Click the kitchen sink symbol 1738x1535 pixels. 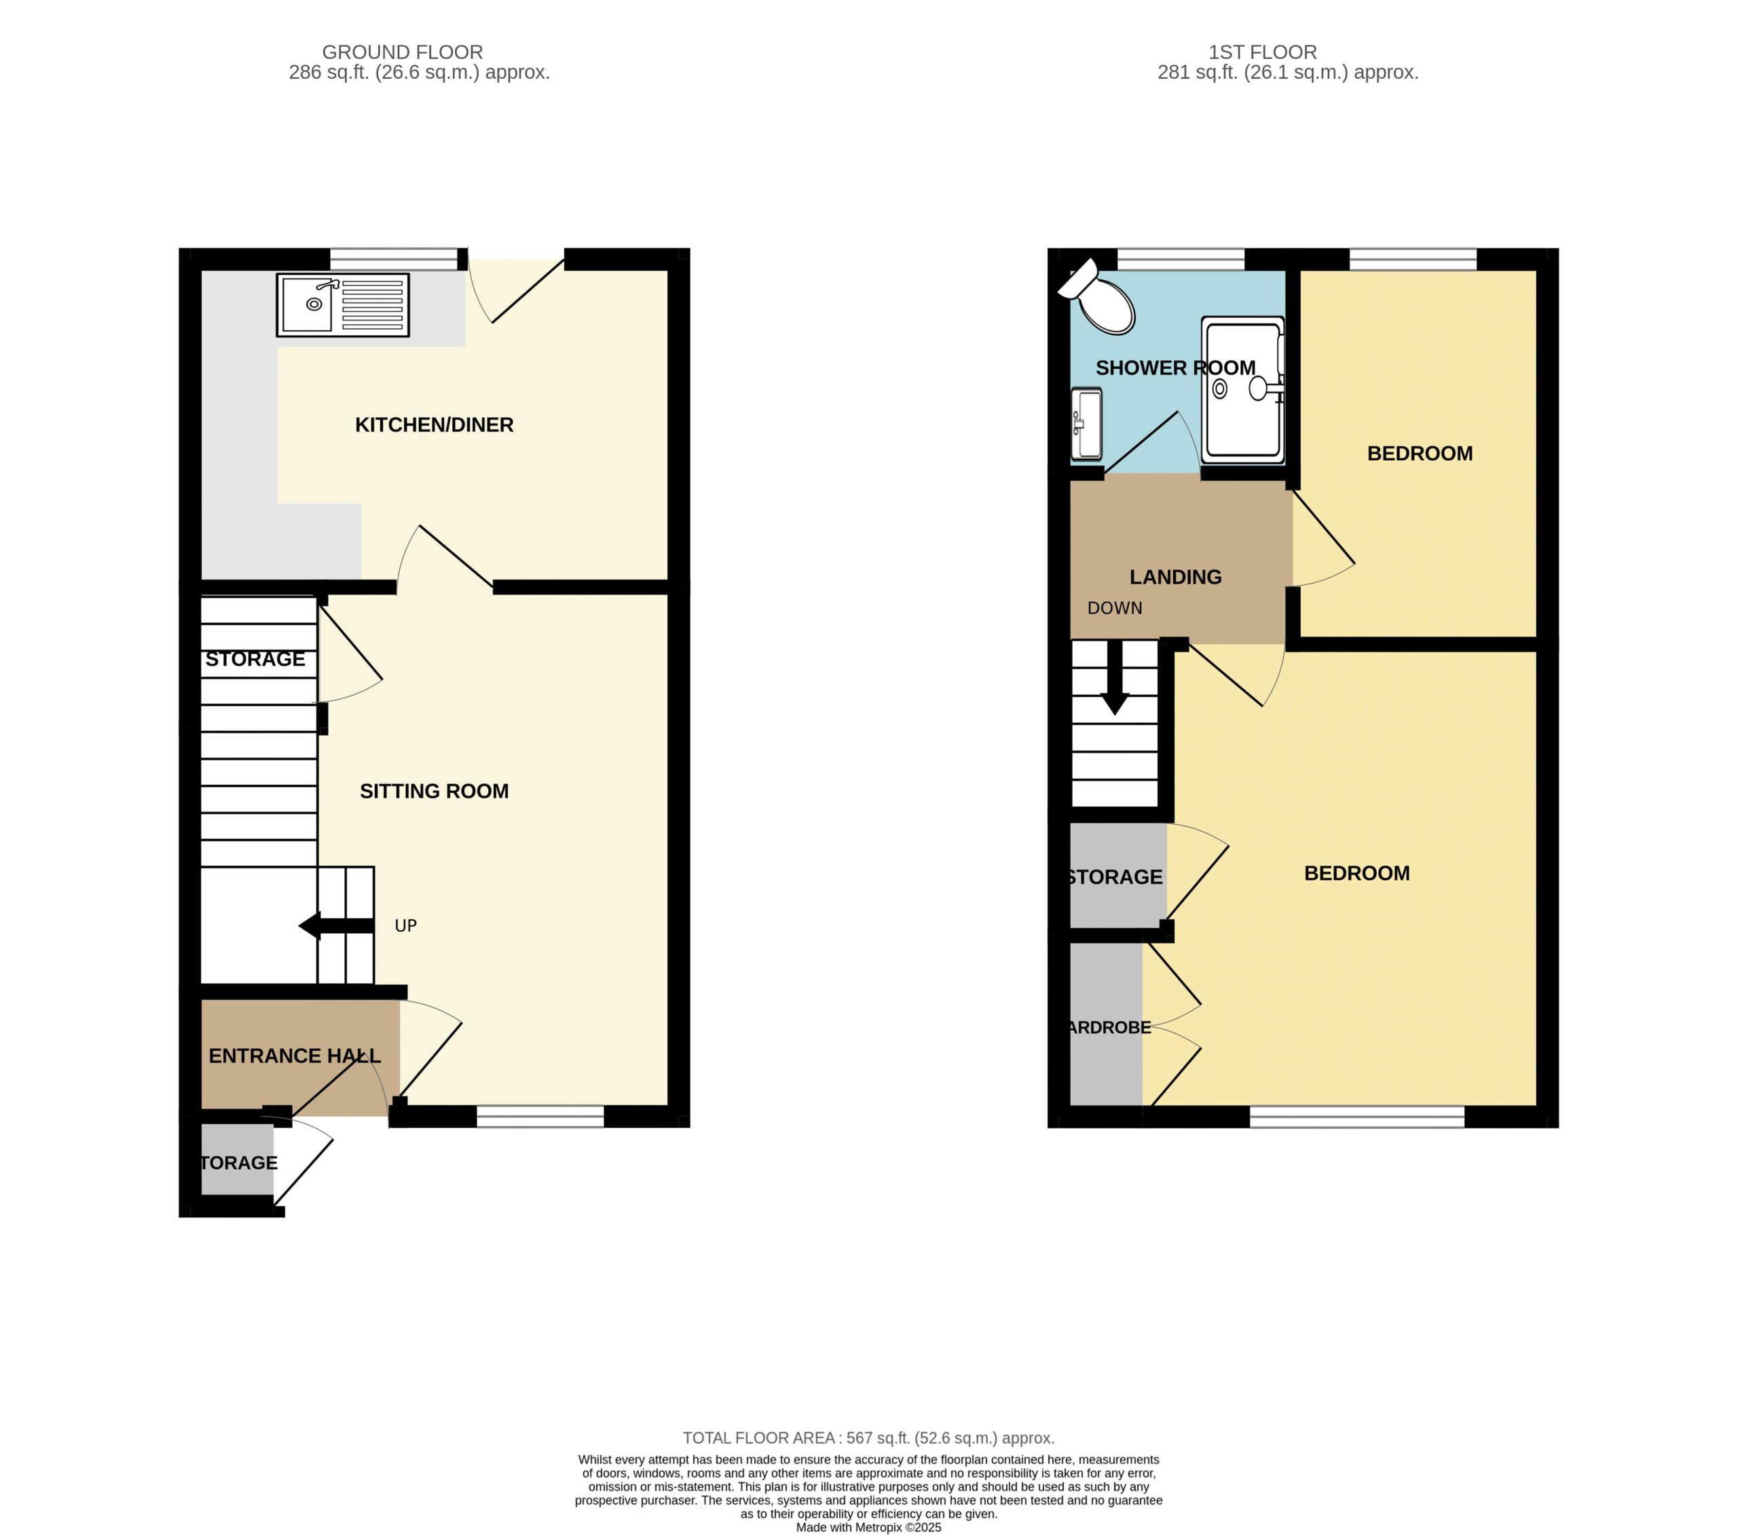click(x=343, y=304)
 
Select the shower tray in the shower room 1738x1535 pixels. click(x=1242, y=390)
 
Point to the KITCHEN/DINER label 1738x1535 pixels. click(x=434, y=425)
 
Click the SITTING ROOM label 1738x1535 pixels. click(x=434, y=791)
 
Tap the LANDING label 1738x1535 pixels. click(x=1175, y=577)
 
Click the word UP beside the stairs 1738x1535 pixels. click(x=405, y=926)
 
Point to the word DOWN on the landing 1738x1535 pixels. click(x=1115, y=609)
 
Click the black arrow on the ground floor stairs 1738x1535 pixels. click(x=336, y=926)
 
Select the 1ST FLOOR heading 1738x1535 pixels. click(x=1263, y=52)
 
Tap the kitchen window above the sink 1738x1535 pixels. click(x=394, y=259)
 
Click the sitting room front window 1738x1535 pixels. click(x=540, y=1116)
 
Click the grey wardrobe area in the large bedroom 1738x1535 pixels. click(x=1105, y=1023)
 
